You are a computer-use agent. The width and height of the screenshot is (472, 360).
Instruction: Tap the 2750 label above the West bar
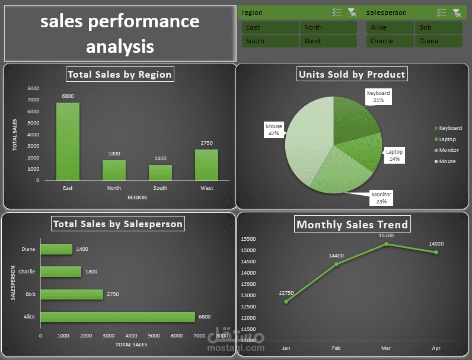tap(206, 143)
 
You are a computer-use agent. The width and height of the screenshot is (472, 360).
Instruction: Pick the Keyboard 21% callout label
tap(378, 97)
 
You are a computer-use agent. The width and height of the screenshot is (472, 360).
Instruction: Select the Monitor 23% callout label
tap(381, 197)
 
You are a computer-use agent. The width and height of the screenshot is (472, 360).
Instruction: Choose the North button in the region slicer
tap(328, 27)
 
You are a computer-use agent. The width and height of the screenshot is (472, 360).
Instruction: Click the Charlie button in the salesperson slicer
tap(389, 41)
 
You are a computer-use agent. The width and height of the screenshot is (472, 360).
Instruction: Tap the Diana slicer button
tap(438, 41)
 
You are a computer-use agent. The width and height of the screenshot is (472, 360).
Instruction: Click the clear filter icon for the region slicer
tap(352, 12)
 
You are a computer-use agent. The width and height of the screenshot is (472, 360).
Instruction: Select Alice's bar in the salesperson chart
tap(117, 317)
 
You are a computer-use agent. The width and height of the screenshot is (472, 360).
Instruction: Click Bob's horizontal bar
tap(72, 294)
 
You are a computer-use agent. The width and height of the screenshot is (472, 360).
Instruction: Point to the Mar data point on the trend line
tap(387, 244)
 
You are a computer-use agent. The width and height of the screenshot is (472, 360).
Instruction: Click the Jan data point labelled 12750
tap(286, 301)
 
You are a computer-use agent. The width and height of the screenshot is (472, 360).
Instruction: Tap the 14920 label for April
tap(436, 244)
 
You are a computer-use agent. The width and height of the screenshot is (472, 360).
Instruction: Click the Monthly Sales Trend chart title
tap(352, 224)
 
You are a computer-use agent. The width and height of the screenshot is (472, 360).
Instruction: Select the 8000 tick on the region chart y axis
tap(33, 88)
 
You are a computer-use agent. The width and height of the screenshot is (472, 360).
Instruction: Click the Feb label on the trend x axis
tap(336, 348)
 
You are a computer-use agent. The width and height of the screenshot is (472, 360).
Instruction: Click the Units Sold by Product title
tap(352, 74)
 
